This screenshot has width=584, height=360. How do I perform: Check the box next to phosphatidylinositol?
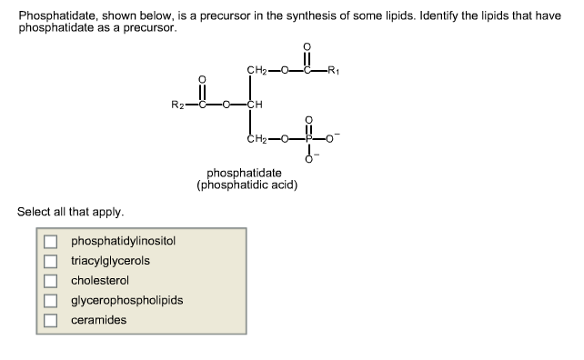[x=52, y=242]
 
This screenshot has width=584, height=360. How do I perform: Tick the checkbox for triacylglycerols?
[x=52, y=261]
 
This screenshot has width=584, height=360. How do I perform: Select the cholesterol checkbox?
[x=52, y=281]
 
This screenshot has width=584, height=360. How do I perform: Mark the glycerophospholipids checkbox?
[x=52, y=301]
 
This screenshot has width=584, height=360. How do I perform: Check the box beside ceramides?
[x=52, y=320]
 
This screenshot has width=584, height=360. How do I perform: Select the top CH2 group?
[x=257, y=70]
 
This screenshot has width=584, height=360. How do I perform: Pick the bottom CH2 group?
[x=257, y=139]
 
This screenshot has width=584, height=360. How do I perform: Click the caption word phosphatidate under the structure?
[x=244, y=173]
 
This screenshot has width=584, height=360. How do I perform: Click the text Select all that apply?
[x=69, y=212]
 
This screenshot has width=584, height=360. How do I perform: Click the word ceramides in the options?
[x=99, y=320]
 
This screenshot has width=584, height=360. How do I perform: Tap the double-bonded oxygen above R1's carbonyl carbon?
[x=307, y=47]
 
